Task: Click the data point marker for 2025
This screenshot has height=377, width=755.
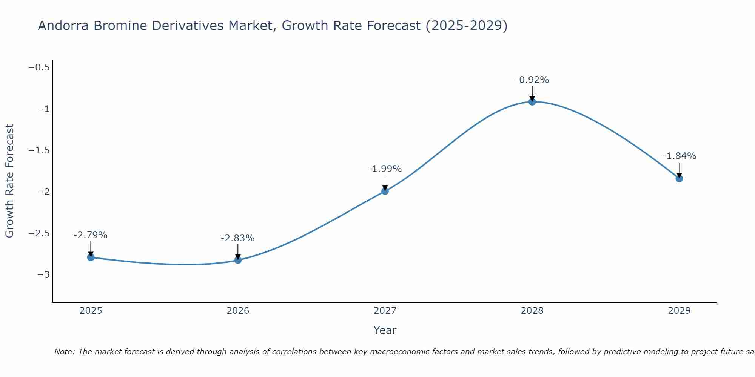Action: (x=91, y=257)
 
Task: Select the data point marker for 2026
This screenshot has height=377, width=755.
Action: (x=238, y=260)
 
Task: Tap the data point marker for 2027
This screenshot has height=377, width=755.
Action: (x=385, y=191)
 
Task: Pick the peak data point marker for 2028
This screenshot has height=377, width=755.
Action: (x=532, y=102)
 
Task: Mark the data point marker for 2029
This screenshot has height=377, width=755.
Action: (x=679, y=179)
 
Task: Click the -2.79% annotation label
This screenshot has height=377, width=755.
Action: (x=91, y=235)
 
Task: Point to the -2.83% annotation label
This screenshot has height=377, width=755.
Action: (x=237, y=238)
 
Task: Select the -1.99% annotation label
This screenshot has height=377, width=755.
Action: (x=385, y=169)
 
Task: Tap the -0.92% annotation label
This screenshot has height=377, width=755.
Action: (x=532, y=80)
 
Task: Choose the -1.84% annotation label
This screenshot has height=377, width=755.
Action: (x=679, y=156)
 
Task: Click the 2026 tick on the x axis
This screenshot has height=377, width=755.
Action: (x=238, y=311)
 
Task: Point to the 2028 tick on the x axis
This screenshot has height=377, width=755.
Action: (x=532, y=311)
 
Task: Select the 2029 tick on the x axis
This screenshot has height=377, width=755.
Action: (x=679, y=311)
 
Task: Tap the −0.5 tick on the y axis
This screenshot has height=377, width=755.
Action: (x=39, y=67)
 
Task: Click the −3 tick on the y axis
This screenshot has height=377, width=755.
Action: (x=43, y=275)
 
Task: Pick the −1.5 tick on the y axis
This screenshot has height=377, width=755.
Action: (x=39, y=150)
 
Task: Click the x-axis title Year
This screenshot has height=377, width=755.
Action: (x=385, y=330)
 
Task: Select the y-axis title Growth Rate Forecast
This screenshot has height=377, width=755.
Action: (x=9, y=181)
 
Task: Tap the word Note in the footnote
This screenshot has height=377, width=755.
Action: (x=64, y=352)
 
